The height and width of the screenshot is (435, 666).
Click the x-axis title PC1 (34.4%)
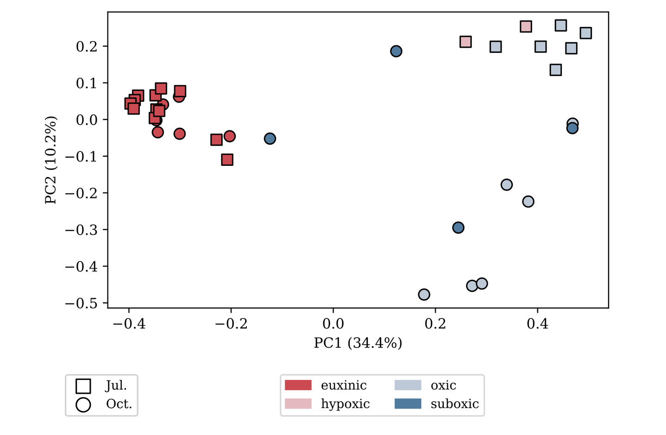point(358,343)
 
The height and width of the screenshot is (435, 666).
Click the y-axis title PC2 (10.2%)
point(50,160)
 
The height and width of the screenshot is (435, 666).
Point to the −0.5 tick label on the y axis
point(81,303)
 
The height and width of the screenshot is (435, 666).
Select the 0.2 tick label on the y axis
point(87,46)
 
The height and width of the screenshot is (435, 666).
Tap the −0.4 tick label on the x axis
point(129,323)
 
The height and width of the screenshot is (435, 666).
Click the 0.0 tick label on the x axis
point(333,323)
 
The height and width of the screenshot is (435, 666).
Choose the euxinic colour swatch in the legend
point(298,385)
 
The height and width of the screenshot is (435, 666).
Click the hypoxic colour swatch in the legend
point(298,404)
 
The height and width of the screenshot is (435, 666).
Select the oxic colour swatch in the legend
point(408,385)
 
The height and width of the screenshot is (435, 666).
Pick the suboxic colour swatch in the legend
point(408,404)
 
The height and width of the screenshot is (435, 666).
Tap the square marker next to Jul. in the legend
point(83,386)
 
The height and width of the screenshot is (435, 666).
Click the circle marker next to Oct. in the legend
point(83,404)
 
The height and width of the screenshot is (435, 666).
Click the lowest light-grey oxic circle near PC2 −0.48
point(424,294)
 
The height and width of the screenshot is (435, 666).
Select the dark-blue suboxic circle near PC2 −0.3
point(458,227)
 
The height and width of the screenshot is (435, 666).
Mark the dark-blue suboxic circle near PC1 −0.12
point(270,139)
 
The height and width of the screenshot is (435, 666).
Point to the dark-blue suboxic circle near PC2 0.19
point(396,51)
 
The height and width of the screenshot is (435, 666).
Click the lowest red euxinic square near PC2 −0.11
point(227,160)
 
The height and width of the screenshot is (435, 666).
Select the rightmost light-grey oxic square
point(586,33)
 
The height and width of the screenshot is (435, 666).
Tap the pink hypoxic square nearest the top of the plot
point(526,26)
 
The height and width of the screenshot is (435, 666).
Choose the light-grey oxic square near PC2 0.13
point(556,70)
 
